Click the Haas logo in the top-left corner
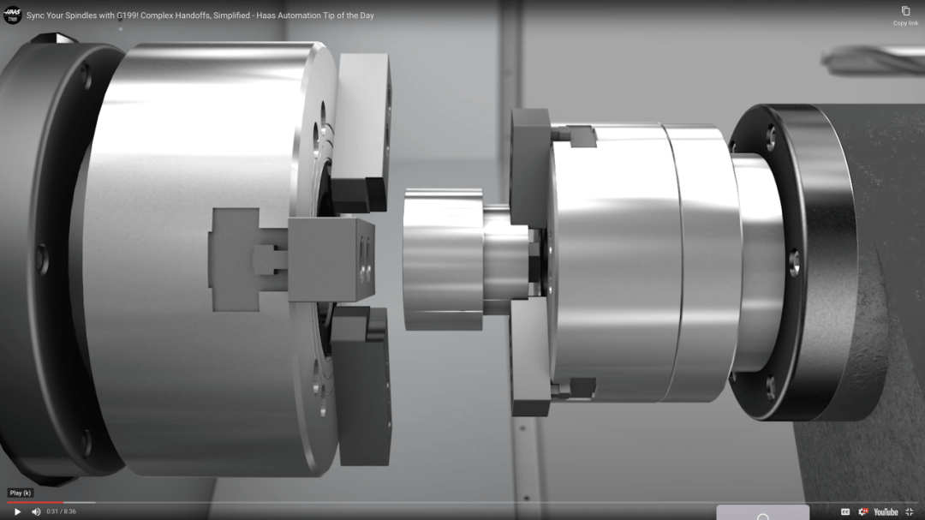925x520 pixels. [12, 15]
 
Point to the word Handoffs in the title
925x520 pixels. [192, 15]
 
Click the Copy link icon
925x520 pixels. [905, 11]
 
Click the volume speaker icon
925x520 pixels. [36, 511]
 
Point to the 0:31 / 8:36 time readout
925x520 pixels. [62, 511]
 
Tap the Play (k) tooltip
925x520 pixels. [21, 493]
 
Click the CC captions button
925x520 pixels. [845, 511]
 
